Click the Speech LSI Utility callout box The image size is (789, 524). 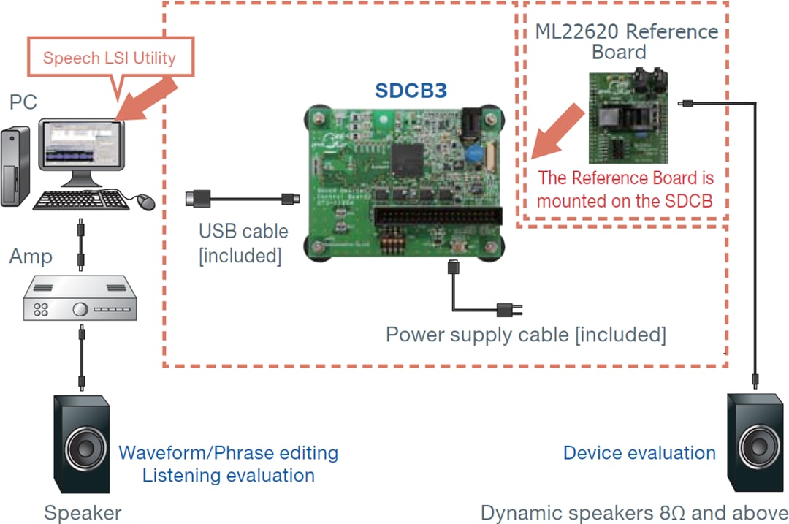(x=109, y=58)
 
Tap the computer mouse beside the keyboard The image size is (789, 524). (x=146, y=200)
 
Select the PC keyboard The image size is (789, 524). (x=81, y=200)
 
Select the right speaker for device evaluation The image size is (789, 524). (x=756, y=442)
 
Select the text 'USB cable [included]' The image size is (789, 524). (x=243, y=243)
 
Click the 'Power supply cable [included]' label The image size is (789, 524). (x=525, y=335)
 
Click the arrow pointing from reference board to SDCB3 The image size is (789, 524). (x=555, y=130)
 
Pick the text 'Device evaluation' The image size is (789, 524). (x=639, y=453)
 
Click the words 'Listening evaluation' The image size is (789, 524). (x=228, y=476)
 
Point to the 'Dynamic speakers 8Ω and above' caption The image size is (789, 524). (x=634, y=512)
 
